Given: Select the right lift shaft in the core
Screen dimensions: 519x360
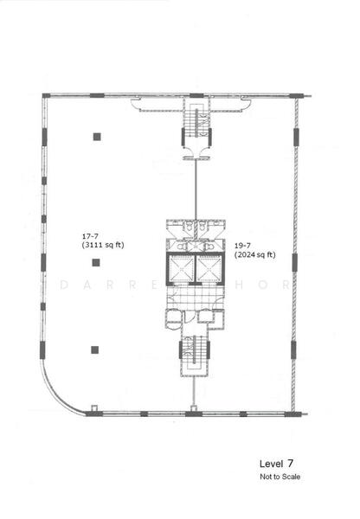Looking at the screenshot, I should pyautogui.click(x=209, y=269).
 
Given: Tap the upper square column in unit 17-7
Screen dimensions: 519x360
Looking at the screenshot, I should pyautogui.click(x=96, y=136).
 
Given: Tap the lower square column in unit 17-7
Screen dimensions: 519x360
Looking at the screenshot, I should pyautogui.click(x=95, y=349).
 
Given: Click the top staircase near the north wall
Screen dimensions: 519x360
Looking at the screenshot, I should pyautogui.click(x=195, y=131).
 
